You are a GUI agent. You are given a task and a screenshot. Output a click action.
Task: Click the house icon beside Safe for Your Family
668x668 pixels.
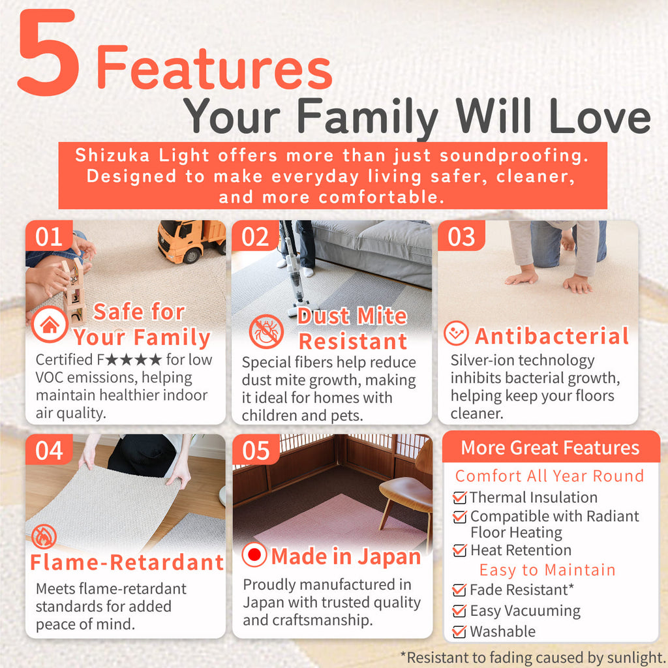point(50,325)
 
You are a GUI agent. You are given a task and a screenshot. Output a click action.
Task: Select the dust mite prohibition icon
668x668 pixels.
point(266,331)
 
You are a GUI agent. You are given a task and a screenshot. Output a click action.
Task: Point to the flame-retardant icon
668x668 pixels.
point(44,537)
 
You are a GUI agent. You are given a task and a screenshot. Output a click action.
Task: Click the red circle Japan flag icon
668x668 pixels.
point(254,554)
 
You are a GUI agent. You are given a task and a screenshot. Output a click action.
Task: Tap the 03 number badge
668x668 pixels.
point(461,236)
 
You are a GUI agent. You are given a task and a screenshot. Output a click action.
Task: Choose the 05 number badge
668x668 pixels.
point(256,450)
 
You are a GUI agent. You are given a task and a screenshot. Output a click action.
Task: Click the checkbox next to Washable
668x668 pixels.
point(459,631)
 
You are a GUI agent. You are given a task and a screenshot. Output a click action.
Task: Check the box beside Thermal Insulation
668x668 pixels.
point(459,497)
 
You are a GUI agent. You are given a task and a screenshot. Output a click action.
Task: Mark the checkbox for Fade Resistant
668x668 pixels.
point(459,590)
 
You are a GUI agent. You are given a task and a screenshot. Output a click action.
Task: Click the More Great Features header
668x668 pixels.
point(551,448)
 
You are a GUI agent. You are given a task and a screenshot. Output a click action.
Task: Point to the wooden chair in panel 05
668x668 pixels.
point(408,494)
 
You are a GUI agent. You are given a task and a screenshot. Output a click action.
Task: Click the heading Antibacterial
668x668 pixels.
point(552,336)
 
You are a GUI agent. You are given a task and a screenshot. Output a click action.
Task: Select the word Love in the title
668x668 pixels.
point(600,117)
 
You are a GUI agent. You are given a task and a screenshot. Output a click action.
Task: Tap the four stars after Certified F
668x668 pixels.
point(133,360)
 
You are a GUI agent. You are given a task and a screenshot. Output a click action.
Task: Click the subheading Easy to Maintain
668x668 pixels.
point(547,570)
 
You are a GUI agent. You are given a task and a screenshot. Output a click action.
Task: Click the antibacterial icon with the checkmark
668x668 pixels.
point(456,333)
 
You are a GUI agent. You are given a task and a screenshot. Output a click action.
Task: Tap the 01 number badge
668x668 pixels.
point(49,236)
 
